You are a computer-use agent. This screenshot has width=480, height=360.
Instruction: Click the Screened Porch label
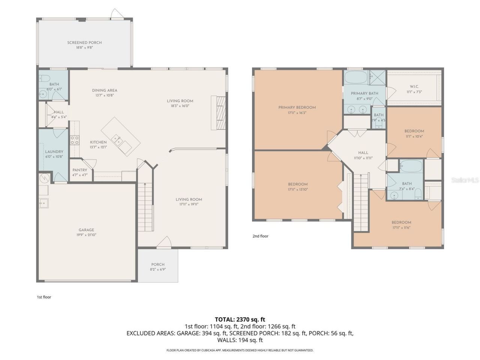coord(84,43)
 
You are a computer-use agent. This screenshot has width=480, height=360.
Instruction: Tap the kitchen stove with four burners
coord(75,140)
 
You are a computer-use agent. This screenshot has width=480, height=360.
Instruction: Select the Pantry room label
coord(79,170)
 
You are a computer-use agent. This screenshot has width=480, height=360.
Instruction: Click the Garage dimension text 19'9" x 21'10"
coord(86,235)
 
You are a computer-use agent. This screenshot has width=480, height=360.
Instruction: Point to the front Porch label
coord(158,264)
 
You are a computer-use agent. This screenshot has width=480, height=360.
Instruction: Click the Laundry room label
coord(54,151)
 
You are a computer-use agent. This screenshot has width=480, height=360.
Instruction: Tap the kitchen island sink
coord(120,142)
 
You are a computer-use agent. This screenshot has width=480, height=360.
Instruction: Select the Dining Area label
coord(105,90)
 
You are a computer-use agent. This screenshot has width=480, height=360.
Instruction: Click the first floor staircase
coord(145,207)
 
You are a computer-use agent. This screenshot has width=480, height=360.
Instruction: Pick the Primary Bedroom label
coord(297,108)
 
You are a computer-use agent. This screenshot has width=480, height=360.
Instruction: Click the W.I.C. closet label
coord(414,87)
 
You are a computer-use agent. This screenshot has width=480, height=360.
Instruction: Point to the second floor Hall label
coord(363,153)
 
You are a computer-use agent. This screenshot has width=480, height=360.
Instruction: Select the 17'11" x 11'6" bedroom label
coord(401,222)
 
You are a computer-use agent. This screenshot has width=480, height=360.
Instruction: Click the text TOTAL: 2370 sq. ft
coord(240,319)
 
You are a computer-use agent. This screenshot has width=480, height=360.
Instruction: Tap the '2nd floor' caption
coord(260,236)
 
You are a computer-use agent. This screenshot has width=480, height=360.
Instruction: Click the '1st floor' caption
coord(44,297)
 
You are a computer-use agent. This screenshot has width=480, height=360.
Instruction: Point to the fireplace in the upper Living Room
coord(219,113)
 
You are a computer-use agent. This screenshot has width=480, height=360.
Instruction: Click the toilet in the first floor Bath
coord(45,79)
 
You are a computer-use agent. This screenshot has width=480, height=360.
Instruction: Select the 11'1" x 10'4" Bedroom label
coord(414,131)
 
